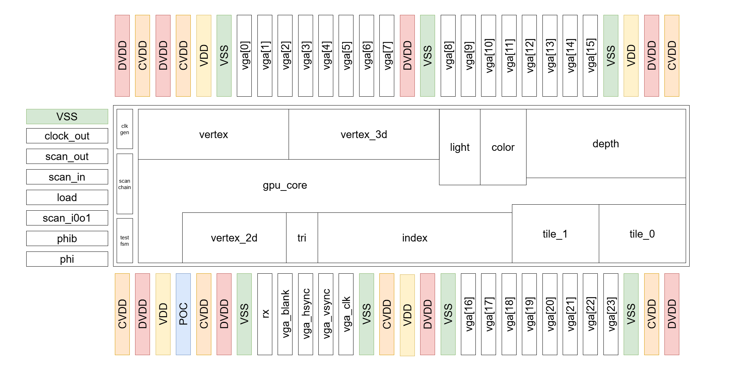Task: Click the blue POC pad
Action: (183, 314)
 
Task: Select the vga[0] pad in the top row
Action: (244, 56)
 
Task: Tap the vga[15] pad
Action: (590, 56)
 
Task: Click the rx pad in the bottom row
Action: (265, 314)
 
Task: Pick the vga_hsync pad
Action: (306, 314)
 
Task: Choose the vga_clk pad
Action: (346, 314)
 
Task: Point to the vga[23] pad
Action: (611, 314)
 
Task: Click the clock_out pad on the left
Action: (67, 136)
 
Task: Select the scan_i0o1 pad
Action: (67, 218)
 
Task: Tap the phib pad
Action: (67, 239)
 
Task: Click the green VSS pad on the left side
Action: (67, 116)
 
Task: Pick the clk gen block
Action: (124, 129)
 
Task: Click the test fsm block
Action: (124, 241)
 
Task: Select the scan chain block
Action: (124, 184)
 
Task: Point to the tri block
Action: (302, 238)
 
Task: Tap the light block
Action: (459, 147)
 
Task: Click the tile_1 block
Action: (555, 234)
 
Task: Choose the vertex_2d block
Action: (234, 238)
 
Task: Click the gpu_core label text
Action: (285, 185)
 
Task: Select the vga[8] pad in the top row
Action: (448, 56)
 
